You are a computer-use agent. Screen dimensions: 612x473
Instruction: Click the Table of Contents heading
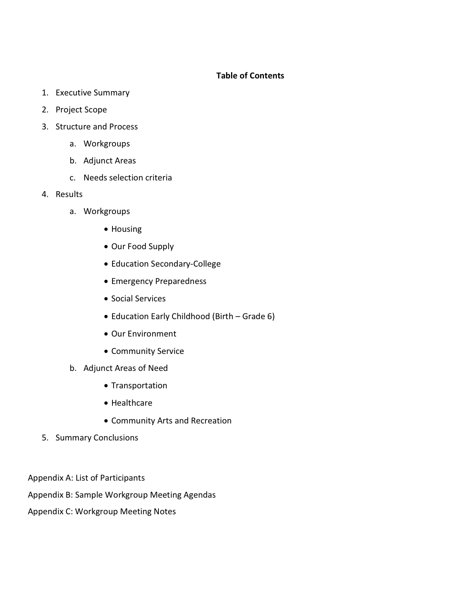(x=250, y=76)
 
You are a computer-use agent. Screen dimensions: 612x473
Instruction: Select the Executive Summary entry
(x=92, y=93)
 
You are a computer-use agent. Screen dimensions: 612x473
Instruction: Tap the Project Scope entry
(x=81, y=110)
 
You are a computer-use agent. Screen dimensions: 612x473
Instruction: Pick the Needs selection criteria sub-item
(x=128, y=178)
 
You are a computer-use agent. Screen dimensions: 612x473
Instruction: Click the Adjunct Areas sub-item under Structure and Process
(x=109, y=161)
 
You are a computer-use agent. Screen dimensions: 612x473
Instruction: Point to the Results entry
(x=69, y=194)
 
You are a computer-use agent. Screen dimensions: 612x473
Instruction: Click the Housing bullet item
(x=126, y=229)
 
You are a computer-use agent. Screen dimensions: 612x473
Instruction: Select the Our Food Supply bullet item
(x=142, y=246)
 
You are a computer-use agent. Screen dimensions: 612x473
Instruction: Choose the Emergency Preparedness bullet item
(x=158, y=281)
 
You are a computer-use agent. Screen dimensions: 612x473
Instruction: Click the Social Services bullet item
(x=138, y=299)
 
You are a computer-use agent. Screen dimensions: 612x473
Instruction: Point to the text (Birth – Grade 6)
(x=243, y=316)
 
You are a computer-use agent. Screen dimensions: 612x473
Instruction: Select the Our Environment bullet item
(x=143, y=334)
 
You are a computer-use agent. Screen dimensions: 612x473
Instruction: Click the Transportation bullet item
(x=139, y=386)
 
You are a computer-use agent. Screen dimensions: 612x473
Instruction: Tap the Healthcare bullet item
(x=131, y=403)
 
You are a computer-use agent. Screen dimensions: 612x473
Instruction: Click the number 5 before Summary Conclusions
(x=45, y=438)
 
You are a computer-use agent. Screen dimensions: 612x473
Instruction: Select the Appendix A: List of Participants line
(x=86, y=478)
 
